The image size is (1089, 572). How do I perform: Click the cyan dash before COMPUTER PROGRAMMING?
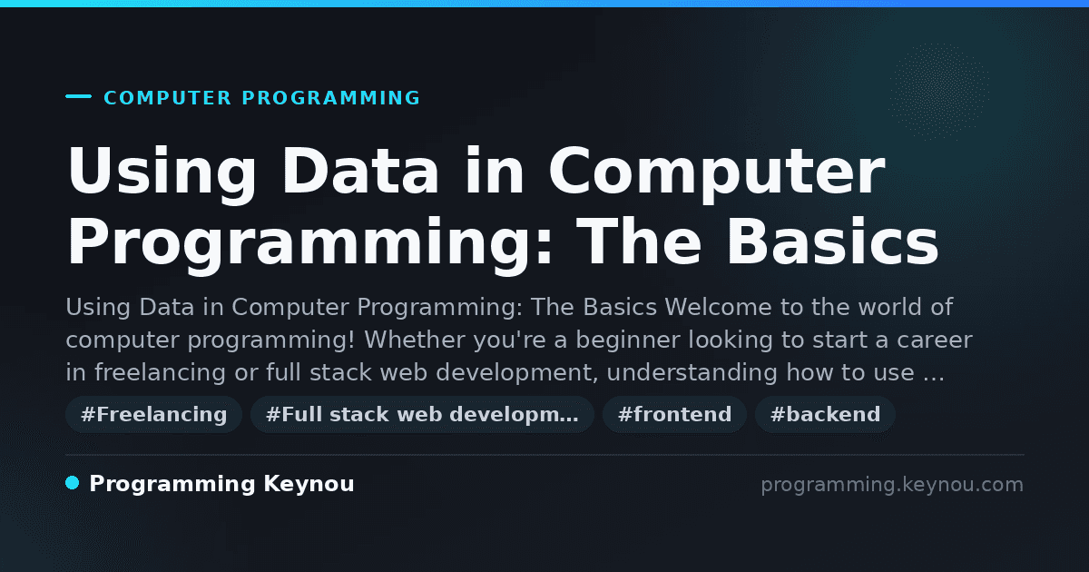[x=78, y=96]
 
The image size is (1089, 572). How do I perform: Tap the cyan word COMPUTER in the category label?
[x=167, y=98]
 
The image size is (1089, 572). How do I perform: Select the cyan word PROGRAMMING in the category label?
[x=330, y=98]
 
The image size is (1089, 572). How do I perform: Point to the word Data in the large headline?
[x=360, y=171]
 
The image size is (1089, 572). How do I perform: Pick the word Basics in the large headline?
[x=832, y=241]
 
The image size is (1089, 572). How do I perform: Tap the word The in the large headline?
[x=639, y=241]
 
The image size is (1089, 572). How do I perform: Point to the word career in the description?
[x=935, y=340]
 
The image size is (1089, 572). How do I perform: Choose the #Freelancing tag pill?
[x=153, y=414]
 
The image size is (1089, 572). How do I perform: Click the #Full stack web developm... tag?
[x=422, y=414]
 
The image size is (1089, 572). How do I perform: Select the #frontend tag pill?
[x=674, y=414]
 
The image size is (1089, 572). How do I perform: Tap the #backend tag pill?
[x=825, y=414]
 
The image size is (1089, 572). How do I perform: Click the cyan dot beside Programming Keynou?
[x=73, y=483]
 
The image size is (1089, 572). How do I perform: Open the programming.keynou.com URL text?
[x=892, y=485]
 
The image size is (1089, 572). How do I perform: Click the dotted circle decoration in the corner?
[x=939, y=92]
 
